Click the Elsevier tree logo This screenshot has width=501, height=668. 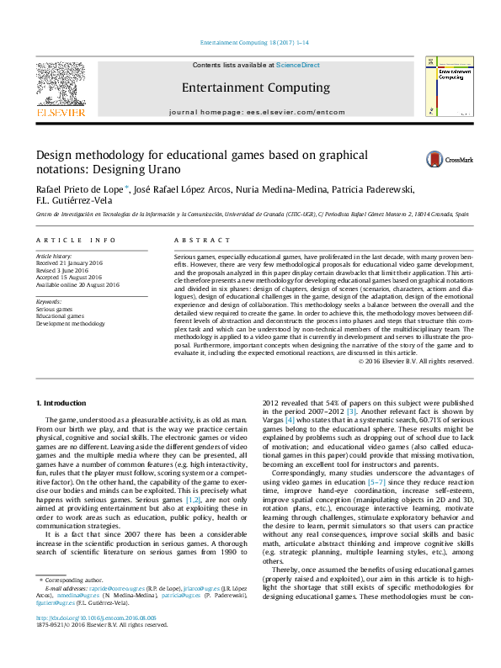point(60,82)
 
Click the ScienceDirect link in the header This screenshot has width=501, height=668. point(298,65)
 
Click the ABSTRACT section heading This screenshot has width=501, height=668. point(195,241)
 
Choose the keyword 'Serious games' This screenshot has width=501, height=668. point(54,309)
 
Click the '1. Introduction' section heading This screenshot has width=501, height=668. point(64,405)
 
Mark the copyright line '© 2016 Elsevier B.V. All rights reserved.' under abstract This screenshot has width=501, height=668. point(416,361)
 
